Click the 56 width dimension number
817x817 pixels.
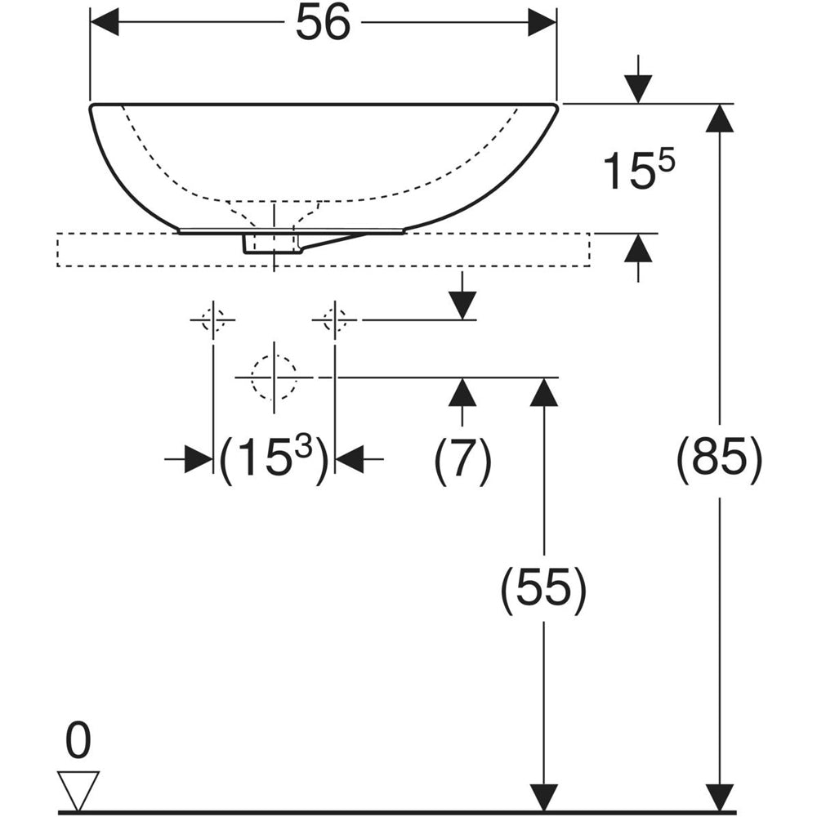323,24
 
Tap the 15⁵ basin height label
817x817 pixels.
639,170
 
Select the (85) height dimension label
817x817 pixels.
720,458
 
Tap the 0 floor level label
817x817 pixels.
78,740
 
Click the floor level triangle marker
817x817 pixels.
78,791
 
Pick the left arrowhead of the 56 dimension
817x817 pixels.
105,23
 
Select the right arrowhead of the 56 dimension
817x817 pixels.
543,23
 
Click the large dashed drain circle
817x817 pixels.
274,377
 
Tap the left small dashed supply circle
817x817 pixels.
213,319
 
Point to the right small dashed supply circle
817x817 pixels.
335,319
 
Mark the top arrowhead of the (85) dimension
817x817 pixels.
720,118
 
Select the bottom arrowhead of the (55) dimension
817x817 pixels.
543,797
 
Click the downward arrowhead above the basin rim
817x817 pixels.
639,89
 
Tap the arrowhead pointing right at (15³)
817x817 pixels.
199,459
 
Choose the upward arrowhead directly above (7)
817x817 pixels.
462,392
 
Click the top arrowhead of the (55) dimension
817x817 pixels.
543,392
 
